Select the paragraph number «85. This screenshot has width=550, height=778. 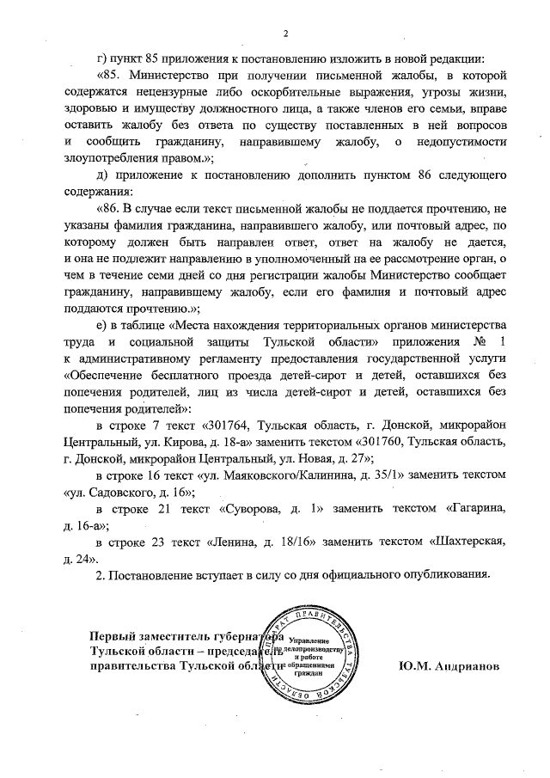pyautogui.click(x=112, y=76)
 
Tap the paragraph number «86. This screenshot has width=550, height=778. pyautogui.click(x=112, y=210)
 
